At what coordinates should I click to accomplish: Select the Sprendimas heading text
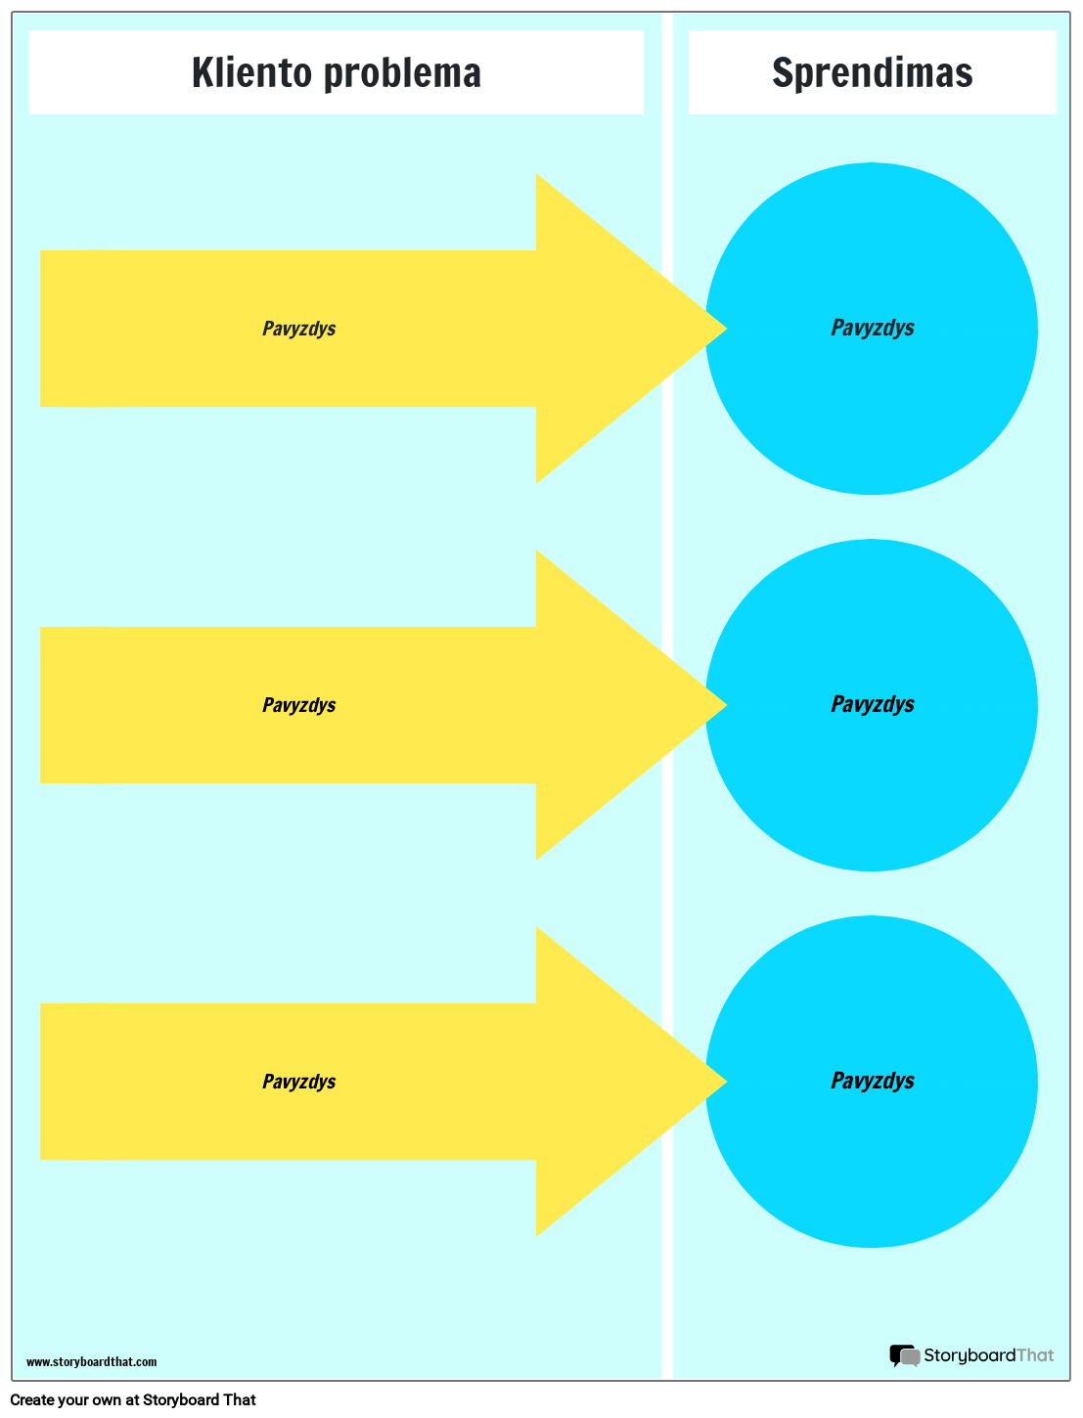872,72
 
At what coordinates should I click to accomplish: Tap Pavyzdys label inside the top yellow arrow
298,329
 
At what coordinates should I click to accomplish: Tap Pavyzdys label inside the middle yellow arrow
298,705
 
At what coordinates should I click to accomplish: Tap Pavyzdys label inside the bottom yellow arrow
298,1082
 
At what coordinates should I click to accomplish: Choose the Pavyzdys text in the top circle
872,328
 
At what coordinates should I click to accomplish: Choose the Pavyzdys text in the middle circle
872,704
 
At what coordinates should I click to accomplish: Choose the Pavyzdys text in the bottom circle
872,1081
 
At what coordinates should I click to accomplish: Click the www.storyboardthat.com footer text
91,1362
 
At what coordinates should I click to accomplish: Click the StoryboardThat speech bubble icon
904,1355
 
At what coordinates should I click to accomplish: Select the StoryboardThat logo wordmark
988,1355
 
